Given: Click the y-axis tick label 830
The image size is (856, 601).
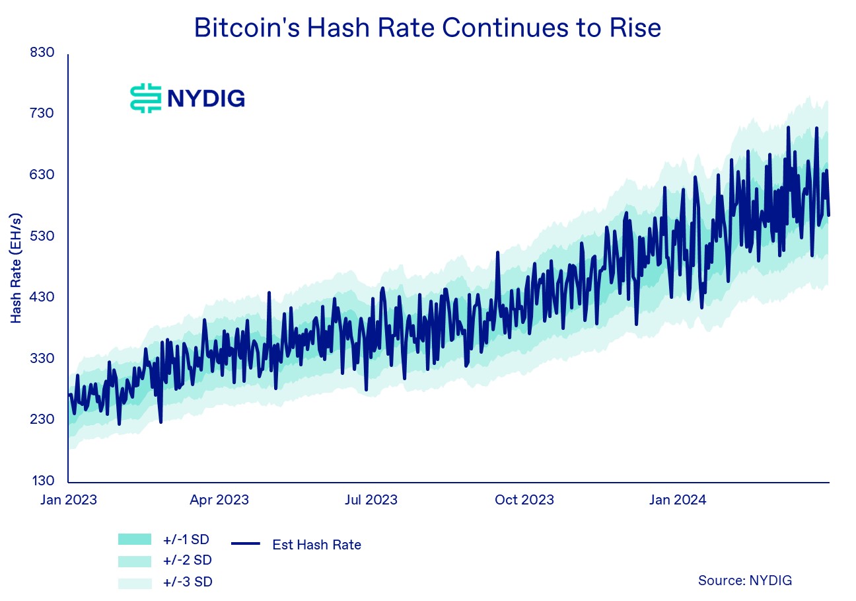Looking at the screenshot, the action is pos(42,52).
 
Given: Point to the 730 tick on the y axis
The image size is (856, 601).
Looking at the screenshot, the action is pos(42,113).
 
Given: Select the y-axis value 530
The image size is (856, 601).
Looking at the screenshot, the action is pos(42,235).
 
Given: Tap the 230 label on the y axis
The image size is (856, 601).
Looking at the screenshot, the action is pos(42,419).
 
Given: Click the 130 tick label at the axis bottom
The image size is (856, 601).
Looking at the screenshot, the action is pos(43,481).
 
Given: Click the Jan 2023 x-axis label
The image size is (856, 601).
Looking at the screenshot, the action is pos(69,500).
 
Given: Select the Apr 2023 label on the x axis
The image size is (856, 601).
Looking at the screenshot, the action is pos(219,500).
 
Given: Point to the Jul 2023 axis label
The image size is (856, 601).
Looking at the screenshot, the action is pos(371,500).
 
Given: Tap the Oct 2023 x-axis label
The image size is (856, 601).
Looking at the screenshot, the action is pos(524,500).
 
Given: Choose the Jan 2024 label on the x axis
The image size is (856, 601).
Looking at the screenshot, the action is pos(678,500).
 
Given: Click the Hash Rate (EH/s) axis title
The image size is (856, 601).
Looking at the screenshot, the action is pos(16,268).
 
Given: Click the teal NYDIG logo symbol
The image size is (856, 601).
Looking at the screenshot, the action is pos(145,99).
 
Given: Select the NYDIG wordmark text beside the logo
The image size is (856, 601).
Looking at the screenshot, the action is pos(206,99).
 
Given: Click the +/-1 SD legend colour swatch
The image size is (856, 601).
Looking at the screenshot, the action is pos(135,540).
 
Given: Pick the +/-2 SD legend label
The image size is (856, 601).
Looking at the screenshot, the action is pos(188,561).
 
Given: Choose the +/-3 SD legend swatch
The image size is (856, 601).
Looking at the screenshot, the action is pos(135,583).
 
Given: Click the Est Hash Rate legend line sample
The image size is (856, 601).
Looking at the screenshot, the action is pos(246,543).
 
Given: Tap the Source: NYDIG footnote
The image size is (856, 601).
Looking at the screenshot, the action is pos(745,581).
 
